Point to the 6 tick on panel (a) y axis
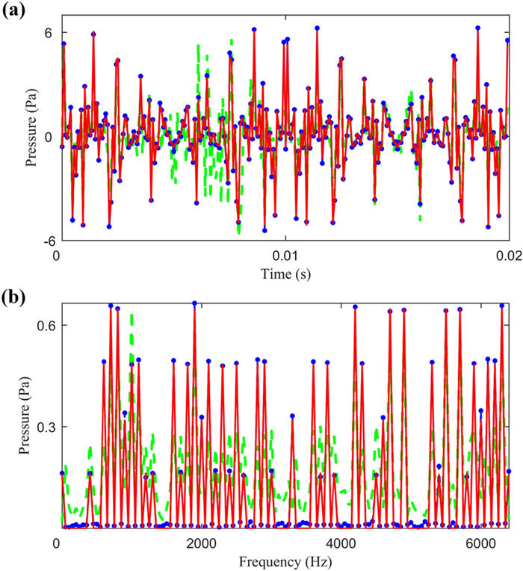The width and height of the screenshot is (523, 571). click(45, 33)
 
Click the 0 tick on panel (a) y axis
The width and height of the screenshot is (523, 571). click(47, 137)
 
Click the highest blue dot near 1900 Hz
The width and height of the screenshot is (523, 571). click(194, 303)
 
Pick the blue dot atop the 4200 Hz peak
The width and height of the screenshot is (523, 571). click(355, 306)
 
